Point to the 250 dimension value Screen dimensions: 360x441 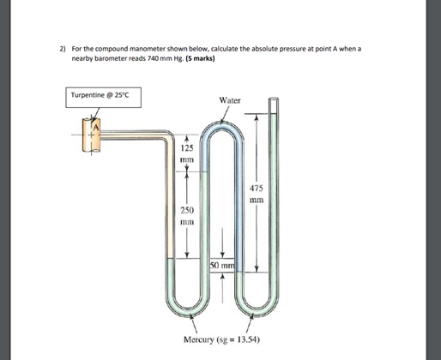click(x=187, y=209)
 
